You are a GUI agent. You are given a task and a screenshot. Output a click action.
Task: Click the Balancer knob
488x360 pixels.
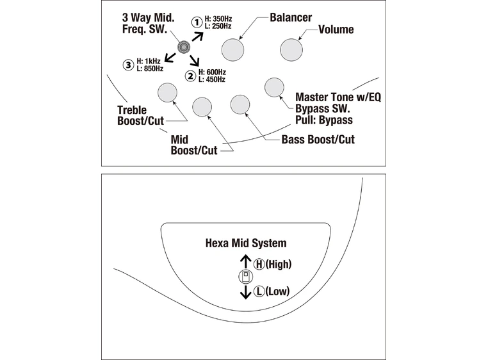coord(233,49)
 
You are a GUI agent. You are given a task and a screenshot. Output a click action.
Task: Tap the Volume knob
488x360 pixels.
coord(291,49)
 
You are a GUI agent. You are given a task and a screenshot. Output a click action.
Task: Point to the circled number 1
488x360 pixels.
coord(197,22)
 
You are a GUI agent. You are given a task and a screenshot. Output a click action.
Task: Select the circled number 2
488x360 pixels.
coord(190,76)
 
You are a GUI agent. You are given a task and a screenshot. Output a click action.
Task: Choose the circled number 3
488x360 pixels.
coord(128,64)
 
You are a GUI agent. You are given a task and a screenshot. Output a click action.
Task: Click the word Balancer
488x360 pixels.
coord(291,17)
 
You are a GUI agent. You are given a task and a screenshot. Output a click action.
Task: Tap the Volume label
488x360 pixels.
coord(336,29)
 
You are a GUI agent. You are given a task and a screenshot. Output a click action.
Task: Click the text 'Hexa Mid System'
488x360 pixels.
coord(245,243)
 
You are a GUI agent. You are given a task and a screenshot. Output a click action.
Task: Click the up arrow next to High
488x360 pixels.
coord(245,261)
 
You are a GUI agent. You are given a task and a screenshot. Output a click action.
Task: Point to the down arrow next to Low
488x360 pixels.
coord(245,292)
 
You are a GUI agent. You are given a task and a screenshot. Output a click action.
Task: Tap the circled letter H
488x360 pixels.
coord(259,263)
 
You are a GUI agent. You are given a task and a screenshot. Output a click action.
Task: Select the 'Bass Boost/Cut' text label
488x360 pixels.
coord(318,140)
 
